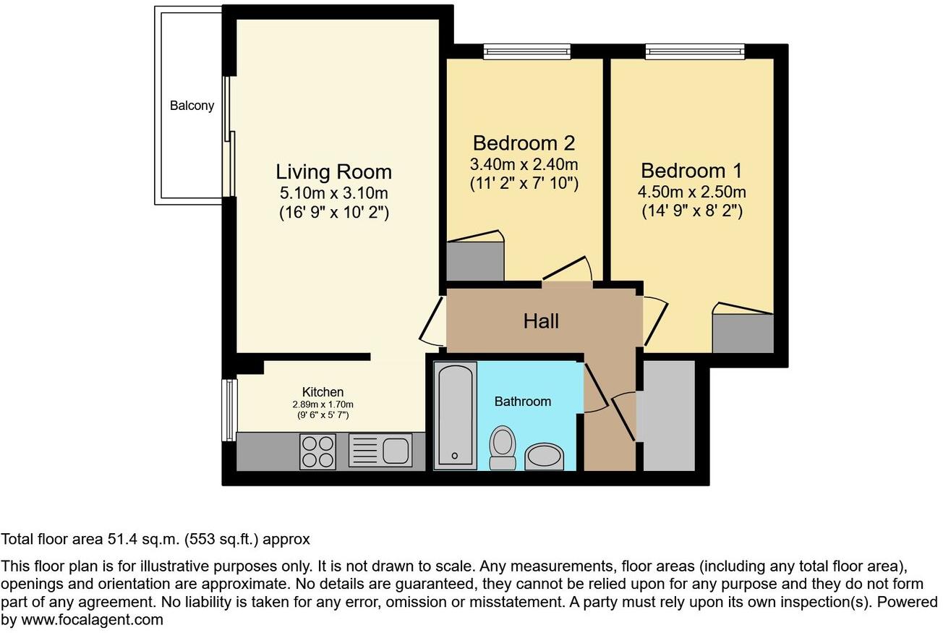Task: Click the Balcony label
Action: click(192, 106)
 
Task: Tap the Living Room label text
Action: click(333, 172)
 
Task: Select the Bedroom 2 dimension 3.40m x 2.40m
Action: click(524, 164)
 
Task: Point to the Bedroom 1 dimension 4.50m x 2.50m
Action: click(692, 192)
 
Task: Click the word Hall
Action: click(541, 321)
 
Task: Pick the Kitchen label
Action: click(323, 392)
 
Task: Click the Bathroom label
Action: click(522, 402)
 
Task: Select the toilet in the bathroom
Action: click(502, 446)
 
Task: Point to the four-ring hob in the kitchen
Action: click(317, 451)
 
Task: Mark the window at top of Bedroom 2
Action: click(526, 51)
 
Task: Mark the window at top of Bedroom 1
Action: click(694, 51)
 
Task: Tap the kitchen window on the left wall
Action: click(229, 409)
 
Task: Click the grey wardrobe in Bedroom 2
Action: click(474, 261)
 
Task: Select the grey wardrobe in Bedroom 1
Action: click(743, 334)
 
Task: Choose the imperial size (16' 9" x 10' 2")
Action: click(333, 213)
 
